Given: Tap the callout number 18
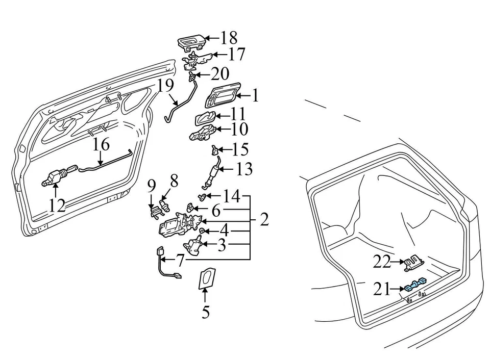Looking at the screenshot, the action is [x=229, y=38].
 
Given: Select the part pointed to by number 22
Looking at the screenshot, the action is [x=414, y=263].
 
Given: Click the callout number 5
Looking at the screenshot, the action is [x=205, y=312].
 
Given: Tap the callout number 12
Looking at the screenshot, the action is [x=58, y=205].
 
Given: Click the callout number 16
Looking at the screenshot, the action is [x=102, y=144].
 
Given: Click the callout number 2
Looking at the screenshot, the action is [x=264, y=219].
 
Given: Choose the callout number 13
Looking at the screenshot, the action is [x=244, y=169].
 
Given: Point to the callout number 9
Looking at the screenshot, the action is [x=151, y=187].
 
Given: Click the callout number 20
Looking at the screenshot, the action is [x=220, y=74].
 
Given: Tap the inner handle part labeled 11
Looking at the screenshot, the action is [x=205, y=118].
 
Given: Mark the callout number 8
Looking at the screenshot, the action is [x=174, y=181].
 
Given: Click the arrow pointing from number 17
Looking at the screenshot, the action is [x=219, y=55].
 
